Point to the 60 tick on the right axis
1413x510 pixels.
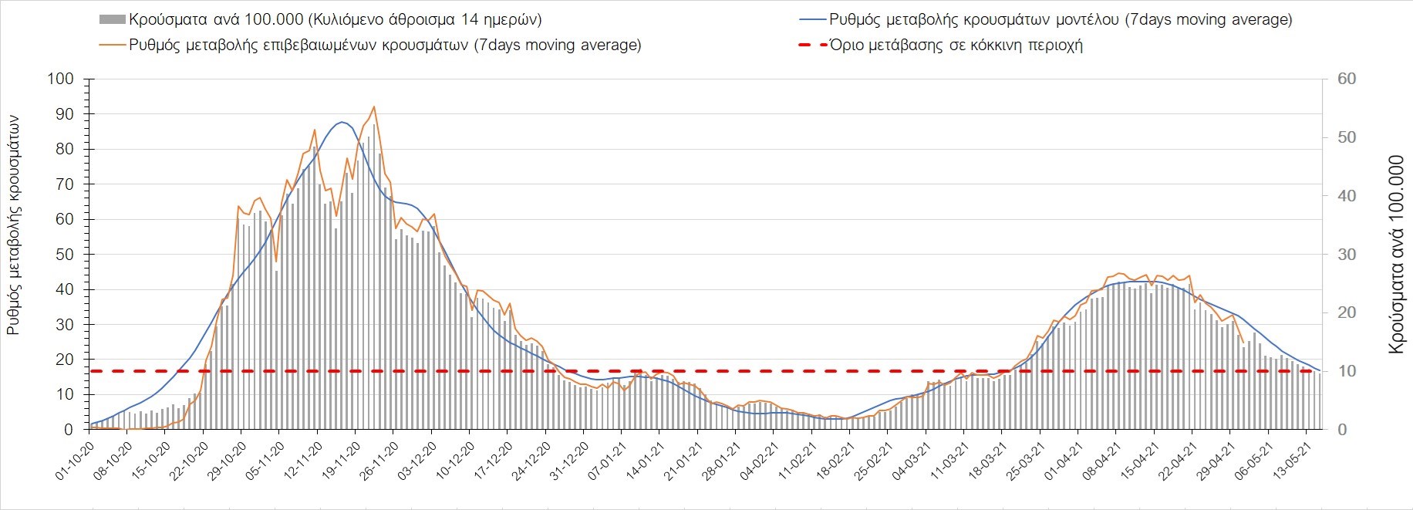tap(1346, 79)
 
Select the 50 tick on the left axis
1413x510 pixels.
tap(64, 255)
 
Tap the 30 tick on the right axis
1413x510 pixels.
tap(1346, 255)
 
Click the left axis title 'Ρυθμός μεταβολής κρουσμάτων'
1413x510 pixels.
tap(14, 225)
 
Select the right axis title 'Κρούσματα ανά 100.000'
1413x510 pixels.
tap(1395, 255)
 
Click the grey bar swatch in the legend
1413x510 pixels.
tap(112, 19)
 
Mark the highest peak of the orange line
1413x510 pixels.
tap(373, 107)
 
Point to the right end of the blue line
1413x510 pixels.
tap(1320, 370)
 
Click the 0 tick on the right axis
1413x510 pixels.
tap(1342, 430)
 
